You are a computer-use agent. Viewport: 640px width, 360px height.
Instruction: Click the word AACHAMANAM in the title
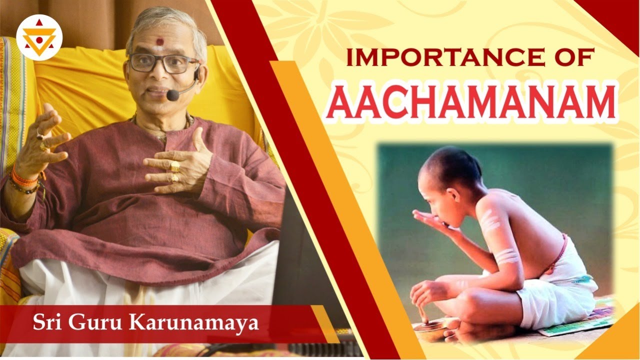tap(473, 103)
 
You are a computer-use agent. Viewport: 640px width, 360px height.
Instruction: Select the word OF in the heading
tap(572, 57)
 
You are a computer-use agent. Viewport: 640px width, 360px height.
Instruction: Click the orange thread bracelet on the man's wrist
tap(23, 177)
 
